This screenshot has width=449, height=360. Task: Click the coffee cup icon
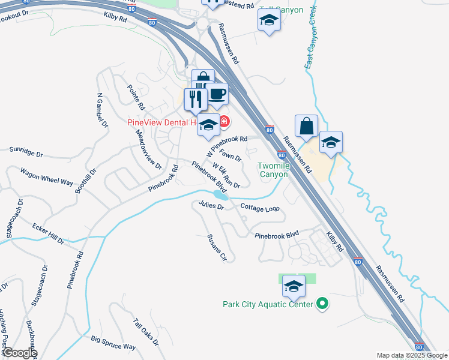(x=217, y=94)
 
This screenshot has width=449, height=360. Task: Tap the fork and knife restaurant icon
(x=195, y=98)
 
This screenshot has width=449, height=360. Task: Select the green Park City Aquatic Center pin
(x=322, y=304)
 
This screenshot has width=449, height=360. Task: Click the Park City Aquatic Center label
(x=268, y=304)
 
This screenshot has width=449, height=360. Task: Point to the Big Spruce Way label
(x=113, y=343)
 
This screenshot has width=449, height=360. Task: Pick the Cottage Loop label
(x=260, y=208)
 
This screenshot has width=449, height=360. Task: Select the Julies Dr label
(x=211, y=206)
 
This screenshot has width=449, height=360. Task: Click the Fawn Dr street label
(x=231, y=155)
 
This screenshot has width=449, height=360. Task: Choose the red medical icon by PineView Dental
(x=224, y=122)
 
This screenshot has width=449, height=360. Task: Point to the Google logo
(x=20, y=353)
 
